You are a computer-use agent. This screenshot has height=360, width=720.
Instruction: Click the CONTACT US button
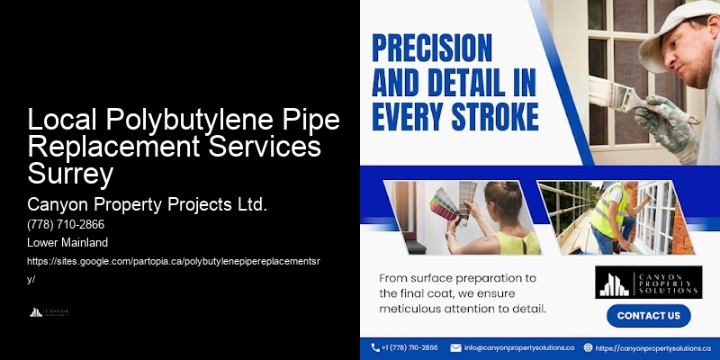click(x=648, y=316)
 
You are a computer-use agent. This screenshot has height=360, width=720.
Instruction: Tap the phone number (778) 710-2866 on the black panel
click(x=67, y=225)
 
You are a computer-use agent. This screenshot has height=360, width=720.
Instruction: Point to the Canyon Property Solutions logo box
click(x=648, y=282)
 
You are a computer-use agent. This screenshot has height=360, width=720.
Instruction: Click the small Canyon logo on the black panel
click(x=49, y=312)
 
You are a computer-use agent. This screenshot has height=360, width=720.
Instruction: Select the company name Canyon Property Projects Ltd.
click(x=148, y=204)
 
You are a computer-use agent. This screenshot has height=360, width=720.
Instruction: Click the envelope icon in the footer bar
click(x=455, y=347)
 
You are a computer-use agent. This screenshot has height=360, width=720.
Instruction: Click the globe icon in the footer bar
click(x=588, y=347)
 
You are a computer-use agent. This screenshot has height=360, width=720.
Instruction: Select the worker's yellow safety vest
click(x=613, y=211)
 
